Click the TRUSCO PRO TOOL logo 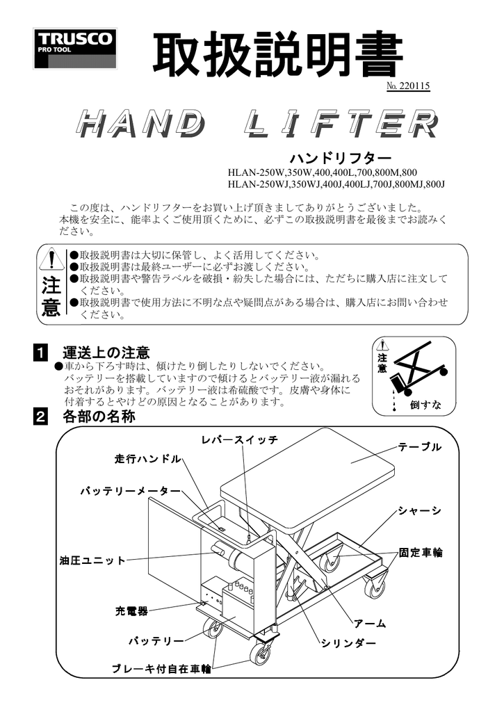(75, 49)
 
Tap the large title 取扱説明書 (277, 55)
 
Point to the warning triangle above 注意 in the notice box (51, 260)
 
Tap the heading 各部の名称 (98, 417)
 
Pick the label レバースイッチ (240, 440)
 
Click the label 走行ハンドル (147, 459)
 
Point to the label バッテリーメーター (129, 492)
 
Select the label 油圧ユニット (92, 560)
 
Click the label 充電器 (131, 611)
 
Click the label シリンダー (348, 643)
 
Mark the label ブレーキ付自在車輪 (161, 669)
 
